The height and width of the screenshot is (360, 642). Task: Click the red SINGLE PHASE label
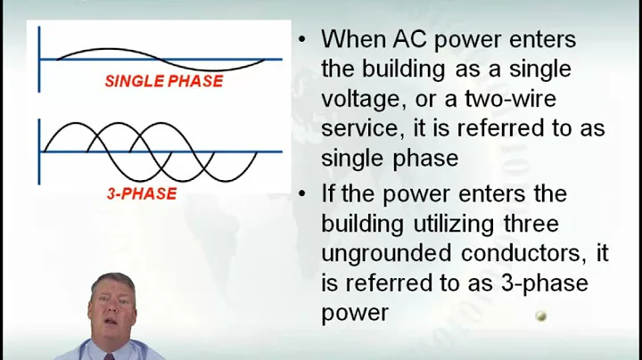point(163,81)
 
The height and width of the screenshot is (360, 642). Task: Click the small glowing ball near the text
point(539,316)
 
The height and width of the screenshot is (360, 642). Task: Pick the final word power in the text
point(355,314)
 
